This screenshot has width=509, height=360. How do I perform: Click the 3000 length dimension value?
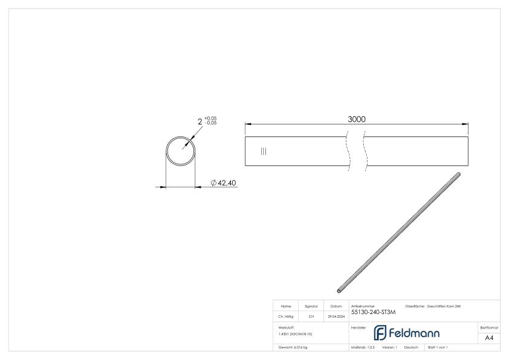click(x=357, y=119)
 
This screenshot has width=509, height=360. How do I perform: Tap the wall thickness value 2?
click(x=200, y=121)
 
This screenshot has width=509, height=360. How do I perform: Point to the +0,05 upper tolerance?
click(x=210, y=118)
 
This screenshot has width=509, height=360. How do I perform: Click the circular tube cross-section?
click(x=181, y=150)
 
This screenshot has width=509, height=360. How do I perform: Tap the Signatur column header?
click(x=311, y=306)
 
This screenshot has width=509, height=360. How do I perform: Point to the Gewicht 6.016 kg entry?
click(x=293, y=347)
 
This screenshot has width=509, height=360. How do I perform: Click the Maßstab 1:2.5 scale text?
click(x=363, y=347)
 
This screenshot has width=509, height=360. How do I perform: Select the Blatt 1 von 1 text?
click(x=438, y=347)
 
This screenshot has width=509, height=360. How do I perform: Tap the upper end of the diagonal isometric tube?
click(x=459, y=175)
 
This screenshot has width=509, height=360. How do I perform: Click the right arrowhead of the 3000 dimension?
click(x=467, y=124)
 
